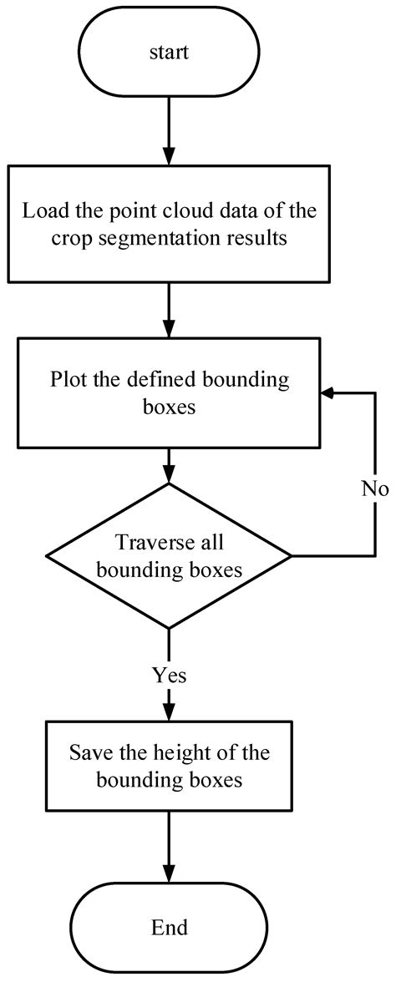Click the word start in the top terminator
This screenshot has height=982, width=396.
pyautogui.click(x=169, y=52)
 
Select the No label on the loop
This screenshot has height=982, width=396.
pyautogui.click(x=375, y=488)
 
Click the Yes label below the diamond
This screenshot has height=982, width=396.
pyautogui.click(x=169, y=675)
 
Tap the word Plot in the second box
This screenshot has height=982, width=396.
pyautogui.click(x=67, y=380)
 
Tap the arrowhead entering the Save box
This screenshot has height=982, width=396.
pyautogui.click(x=169, y=712)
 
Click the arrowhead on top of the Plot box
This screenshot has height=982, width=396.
pyautogui.click(x=169, y=330)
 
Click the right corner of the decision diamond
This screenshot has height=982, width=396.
pyautogui.click(x=291, y=554)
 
